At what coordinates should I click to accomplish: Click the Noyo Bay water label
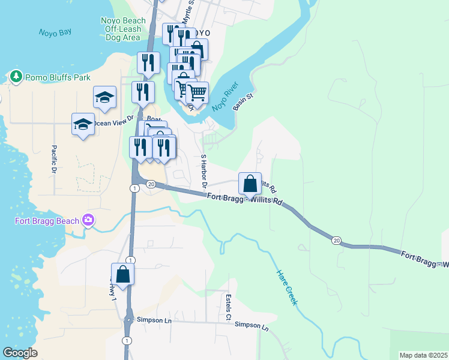(x=55, y=33)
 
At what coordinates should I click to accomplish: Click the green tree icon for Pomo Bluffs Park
(x=16, y=77)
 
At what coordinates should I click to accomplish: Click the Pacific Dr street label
(x=53, y=161)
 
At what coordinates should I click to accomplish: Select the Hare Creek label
(x=286, y=287)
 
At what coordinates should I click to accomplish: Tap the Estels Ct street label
(x=228, y=306)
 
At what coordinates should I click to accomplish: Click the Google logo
(x=20, y=353)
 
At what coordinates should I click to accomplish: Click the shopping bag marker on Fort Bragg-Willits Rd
(x=250, y=183)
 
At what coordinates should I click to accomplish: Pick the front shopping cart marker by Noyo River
(x=197, y=93)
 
